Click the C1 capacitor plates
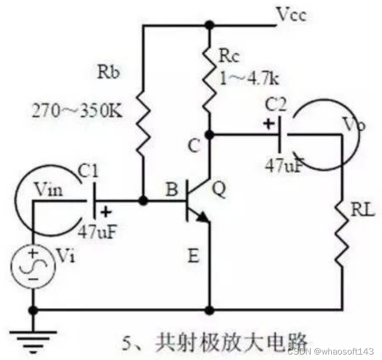(x=93, y=201)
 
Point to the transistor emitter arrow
(x=202, y=218)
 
